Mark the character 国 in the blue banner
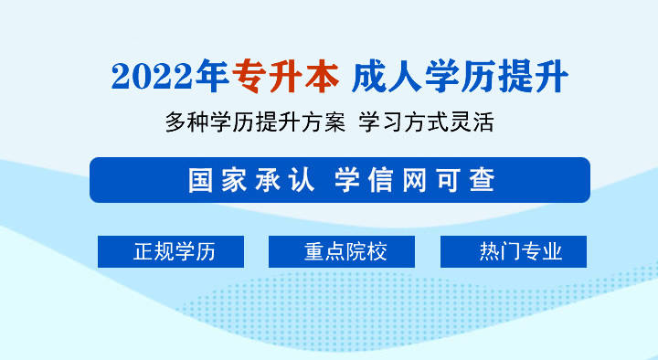pos(201,180)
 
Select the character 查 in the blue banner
pos(482,180)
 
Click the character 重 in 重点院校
pos(314,252)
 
